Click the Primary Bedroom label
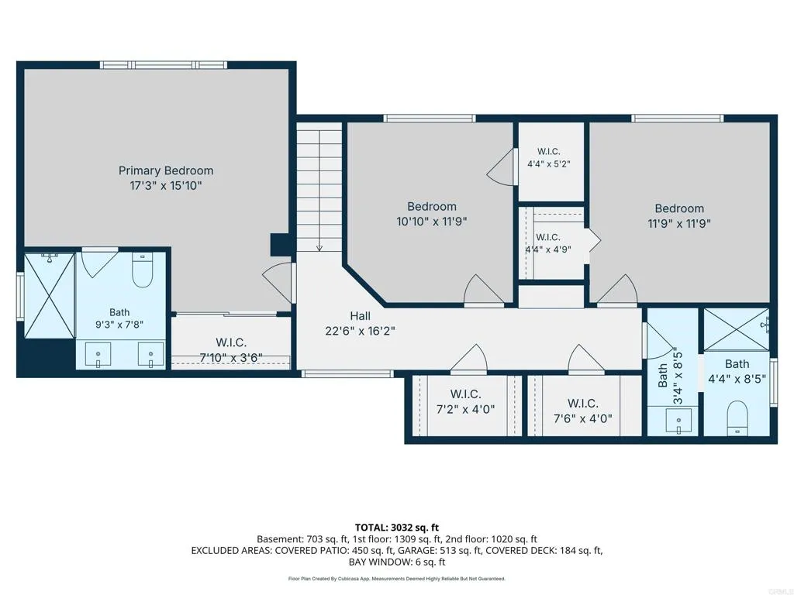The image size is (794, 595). point(166,170)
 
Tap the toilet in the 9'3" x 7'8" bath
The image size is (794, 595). point(143,269)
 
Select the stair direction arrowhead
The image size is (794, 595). point(319,248)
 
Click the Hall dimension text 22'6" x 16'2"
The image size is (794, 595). point(360,331)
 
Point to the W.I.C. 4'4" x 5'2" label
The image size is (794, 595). point(548,157)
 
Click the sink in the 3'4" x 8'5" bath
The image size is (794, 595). point(678,421)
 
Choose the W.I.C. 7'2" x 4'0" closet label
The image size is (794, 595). point(465,401)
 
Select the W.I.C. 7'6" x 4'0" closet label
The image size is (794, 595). point(583,411)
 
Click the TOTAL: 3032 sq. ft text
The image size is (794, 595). point(396,528)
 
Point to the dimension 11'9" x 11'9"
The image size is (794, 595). point(679,223)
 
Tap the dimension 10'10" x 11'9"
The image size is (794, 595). point(431,221)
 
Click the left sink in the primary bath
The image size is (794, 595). point(98,353)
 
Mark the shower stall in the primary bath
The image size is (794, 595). point(49,295)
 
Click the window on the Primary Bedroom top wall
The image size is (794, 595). point(163,65)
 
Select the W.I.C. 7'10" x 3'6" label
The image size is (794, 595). point(231,350)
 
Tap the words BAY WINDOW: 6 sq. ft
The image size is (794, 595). point(396,562)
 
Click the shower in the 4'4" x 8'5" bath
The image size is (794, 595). point(737,328)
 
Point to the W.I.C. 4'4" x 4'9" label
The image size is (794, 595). point(548,242)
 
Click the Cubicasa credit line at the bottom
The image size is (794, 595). point(396,578)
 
